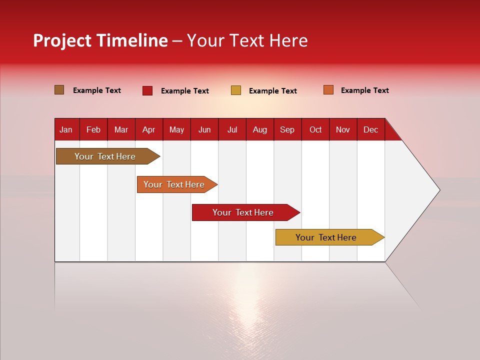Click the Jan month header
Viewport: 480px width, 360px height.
pyautogui.click(x=66, y=129)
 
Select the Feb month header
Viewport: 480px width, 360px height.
pyautogui.click(x=93, y=129)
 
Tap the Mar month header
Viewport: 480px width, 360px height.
pyautogui.click(x=121, y=129)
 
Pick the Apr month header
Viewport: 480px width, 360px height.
pyautogui.click(x=149, y=129)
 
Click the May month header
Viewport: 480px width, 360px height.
pyautogui.click(x=176, y=129)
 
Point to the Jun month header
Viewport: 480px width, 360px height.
pyautogui.click(x=204, y=129)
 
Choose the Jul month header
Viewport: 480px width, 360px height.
pyautogui.click(x=232, y=129)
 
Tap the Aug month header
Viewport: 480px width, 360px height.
pyautogui.click(x=260, y=129)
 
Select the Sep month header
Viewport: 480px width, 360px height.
pyautogui.click(x=287, y=129)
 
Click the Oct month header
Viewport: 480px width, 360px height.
pyautogui.click(x=315, y=129)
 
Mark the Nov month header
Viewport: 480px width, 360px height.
pyautogui.click(x=343, y=129)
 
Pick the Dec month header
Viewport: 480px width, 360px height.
pyautogui.click(x=371, y=129)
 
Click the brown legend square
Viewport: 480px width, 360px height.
pyautogui.click(x=59, y=90)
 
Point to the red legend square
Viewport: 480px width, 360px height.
pyautogui.click(x=147, y=90)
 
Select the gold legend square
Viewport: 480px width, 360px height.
pyautogui.click(x=236, y=90)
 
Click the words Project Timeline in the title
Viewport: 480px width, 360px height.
pyautogui.click(x=100, y=40)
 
